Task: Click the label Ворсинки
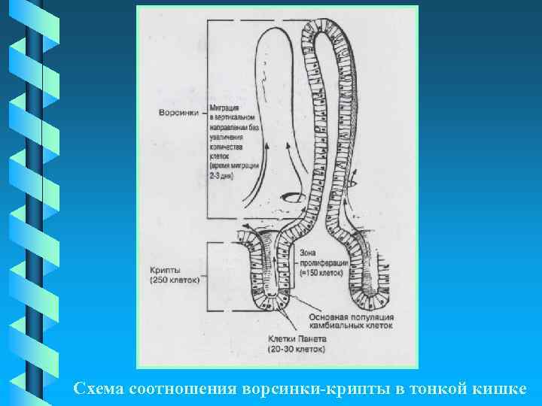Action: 179,114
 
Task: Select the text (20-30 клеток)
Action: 297,350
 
